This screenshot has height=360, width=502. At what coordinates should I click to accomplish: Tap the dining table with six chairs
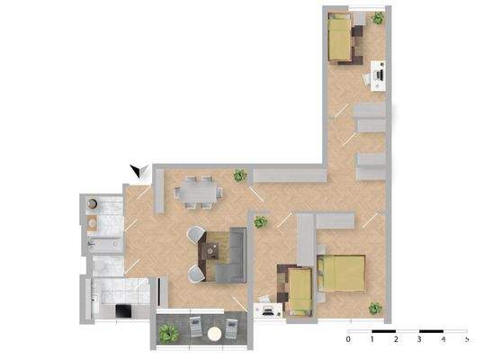point(200,191)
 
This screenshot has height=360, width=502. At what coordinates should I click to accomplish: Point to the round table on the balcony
point(214,333)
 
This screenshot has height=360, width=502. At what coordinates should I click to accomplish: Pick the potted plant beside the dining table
point(240,175)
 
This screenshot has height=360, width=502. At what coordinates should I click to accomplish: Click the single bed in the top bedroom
point(341,39)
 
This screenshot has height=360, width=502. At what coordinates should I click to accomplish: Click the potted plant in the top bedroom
point(378,18)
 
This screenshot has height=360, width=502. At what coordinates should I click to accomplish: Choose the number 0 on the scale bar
point(348,341)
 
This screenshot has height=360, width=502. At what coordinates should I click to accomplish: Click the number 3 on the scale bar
point(419,341)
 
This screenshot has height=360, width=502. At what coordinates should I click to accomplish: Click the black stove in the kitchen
point(122,311)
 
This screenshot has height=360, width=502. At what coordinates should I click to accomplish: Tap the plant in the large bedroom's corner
point(375,309)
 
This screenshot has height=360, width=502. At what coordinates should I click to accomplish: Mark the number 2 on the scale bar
point(396,341)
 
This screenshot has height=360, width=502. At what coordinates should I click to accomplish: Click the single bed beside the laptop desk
point(300,290)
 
